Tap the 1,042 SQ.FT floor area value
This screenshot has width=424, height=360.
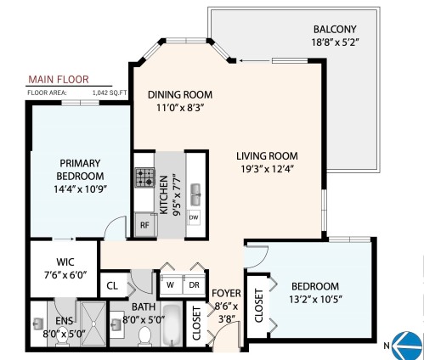(109, 91)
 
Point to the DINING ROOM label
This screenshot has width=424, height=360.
(179, 94)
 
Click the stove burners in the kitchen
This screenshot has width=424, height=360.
(143, 178)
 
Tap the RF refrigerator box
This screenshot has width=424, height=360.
(144, 226)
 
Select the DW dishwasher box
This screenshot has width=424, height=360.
(194, 217)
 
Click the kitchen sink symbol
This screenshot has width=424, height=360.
(195, 191)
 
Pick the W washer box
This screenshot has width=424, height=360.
(170, 284)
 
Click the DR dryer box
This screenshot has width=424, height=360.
(193, 284)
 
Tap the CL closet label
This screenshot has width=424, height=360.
(113, 285)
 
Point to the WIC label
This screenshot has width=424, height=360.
(65, 262)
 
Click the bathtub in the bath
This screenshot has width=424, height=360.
(172, 329)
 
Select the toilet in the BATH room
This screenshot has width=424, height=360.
(144, 337)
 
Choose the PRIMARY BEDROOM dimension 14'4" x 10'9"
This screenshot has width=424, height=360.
(81, 189)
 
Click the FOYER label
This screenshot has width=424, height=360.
(227, 293)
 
